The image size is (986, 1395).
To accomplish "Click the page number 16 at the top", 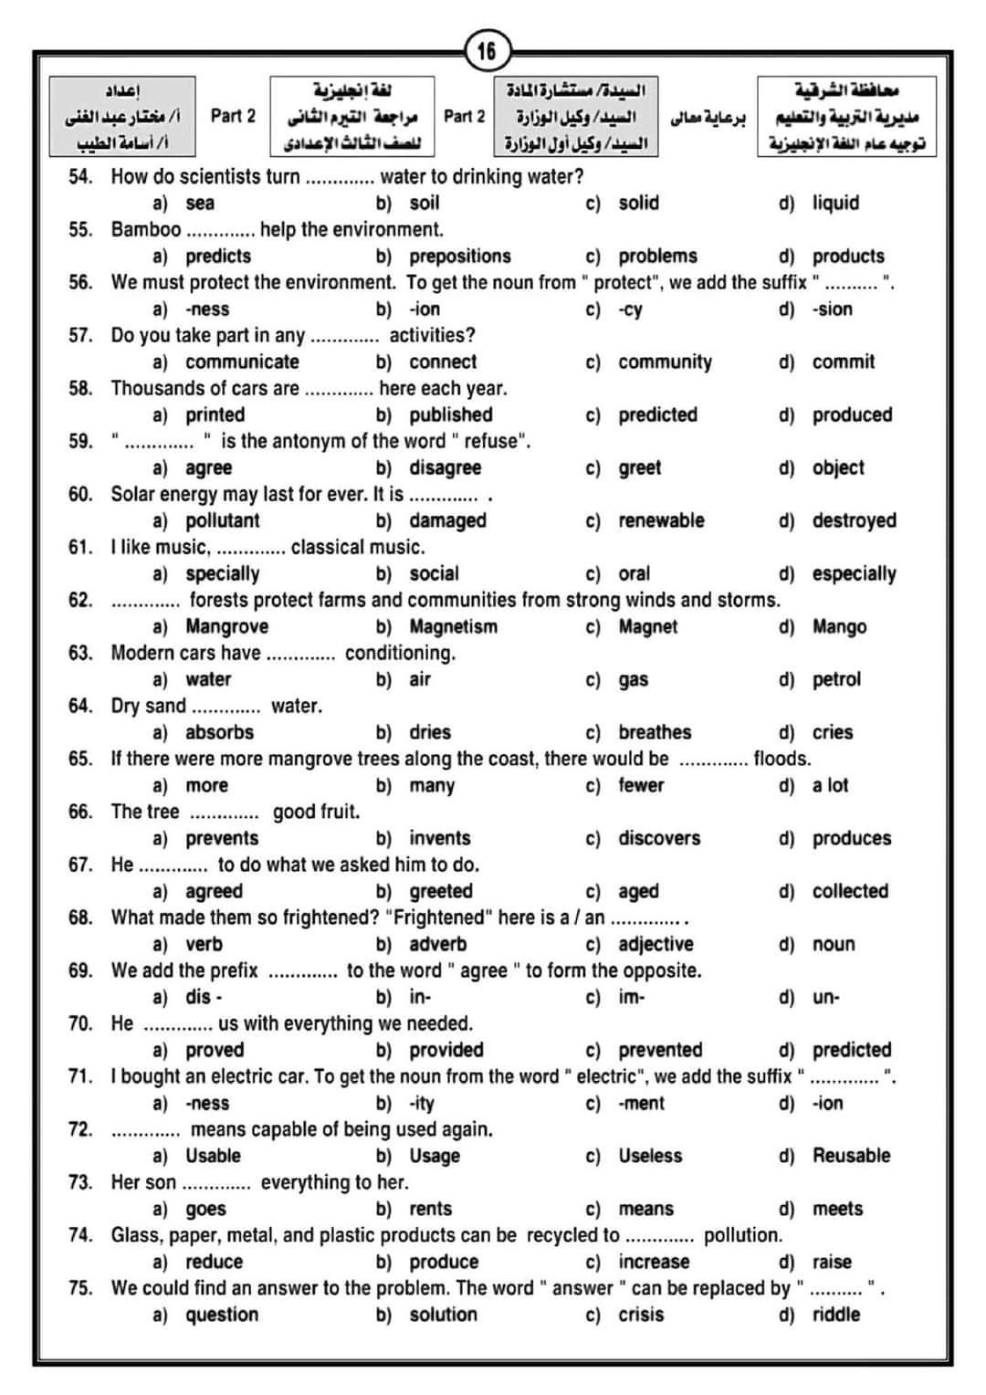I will [x=487, y=51].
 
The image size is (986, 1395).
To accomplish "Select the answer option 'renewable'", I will [x=661, y=520].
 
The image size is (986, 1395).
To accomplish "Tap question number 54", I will [x=80, y=176].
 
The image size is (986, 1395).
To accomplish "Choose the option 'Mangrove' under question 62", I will [x=226, y=626].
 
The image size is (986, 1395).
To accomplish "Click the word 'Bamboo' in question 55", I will [x=146, y=229].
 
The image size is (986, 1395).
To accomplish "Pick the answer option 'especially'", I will [x=854, y=573].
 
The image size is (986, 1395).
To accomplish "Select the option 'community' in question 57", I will [x=665, y=362].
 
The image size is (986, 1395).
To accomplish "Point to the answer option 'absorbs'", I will [x=219, y=732].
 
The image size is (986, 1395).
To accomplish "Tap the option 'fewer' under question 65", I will [x=641, y=785].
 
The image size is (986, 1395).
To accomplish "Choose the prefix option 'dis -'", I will [x=204, y=997].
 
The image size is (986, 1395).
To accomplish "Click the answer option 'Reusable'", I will [x=851, y=1156].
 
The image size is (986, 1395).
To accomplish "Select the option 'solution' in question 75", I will [x=443, y=1315].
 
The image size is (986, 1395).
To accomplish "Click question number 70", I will [x=80, y=1023].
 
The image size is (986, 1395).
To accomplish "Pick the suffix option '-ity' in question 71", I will [x=422, y=1103].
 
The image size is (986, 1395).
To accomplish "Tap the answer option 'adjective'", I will [x=656, y=944].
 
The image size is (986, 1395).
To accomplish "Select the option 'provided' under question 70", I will [x=446, y=1050].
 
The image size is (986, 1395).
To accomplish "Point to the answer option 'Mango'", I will [x=839, y=626].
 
